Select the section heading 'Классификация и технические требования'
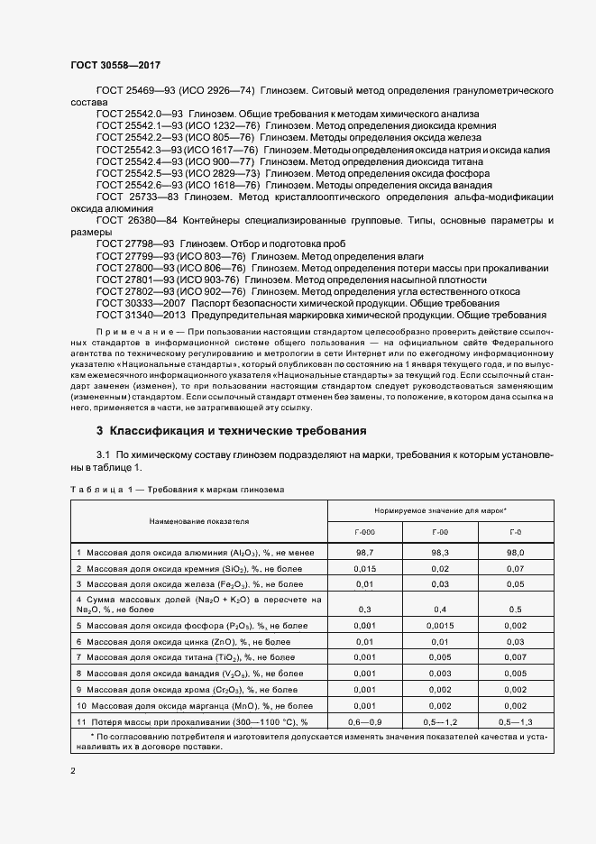click(232, 430)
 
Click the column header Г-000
click(365, 533)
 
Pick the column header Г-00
click(440, 533)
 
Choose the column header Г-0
click(515, 533)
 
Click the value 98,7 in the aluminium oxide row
click(365, 550)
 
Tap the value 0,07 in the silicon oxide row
click(515, 568)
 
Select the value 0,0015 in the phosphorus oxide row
click(440, 625)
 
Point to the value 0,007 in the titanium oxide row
click(515, 658)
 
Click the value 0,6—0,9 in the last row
click(365, 721)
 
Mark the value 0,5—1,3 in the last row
click(515, 721)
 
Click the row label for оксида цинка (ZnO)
click(184, 641)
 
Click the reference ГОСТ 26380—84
click(135, 220)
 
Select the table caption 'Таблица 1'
click(100, 489)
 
